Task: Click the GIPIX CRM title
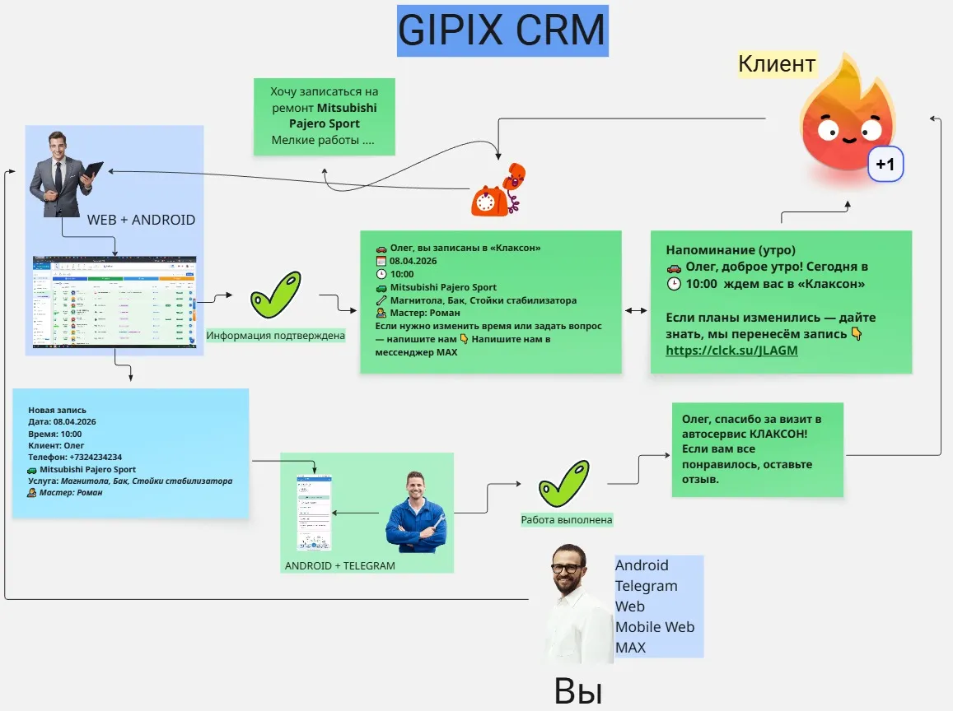pyautogui.click(x=502, y=30)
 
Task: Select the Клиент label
pyautogui.click(x=776, y=63)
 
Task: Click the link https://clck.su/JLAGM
pyautogui.click(x=731, y=351)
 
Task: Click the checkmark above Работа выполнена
pyautogui.click(x=564, y=484)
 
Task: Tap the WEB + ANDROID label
pyautogui.click(x=141, y=221)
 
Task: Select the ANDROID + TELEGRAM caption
pyautogui.click(x=339, y=565)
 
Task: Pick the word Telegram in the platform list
pyautogui.click(x=646, y=586)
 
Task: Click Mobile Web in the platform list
pyautogui.click(x=654, y=627)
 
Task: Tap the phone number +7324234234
pyautogui.click(x=92, y=457)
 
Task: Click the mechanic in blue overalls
pyautogui.click(x=416, y=512)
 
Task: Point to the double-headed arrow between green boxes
pyautogui.click(x=635, y=311)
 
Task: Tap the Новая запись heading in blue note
pyautogui.click(x=57, y=410)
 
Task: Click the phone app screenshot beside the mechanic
pyautogui.click(x=315, y=512)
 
